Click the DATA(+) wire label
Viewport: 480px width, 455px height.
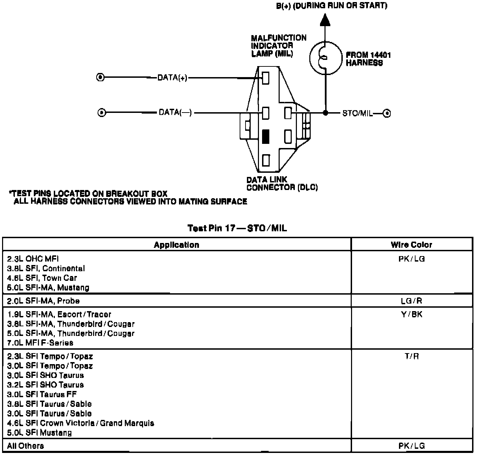tap(172, 78)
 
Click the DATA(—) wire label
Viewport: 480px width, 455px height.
tap(175, 113)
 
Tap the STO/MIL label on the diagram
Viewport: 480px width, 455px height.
tap(358, 113)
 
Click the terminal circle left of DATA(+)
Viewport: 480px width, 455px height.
tap(100, 77)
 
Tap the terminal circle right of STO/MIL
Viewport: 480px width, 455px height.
tap(387, 113)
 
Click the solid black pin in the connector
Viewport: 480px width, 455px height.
tap(266, 136)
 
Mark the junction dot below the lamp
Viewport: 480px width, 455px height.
tap(325, 113)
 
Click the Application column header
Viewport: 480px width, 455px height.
tap(177, 245)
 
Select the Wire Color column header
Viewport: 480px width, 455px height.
tap(411, 245)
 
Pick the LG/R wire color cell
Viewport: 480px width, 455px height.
tap(411, 301)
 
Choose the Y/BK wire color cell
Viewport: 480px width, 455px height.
tap(412, 314)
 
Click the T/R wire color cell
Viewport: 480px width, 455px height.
tap(412, 356)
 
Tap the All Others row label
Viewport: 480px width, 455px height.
tap(26, 446)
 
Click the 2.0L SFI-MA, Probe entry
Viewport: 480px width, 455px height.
tap(43, 301)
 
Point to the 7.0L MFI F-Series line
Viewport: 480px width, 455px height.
tap(40, 343)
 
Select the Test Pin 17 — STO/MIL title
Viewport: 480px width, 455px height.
tap(237, 228)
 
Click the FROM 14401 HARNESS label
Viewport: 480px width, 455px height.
tap(368, 59)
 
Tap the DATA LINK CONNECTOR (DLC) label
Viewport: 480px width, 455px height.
tap(282, 183)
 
